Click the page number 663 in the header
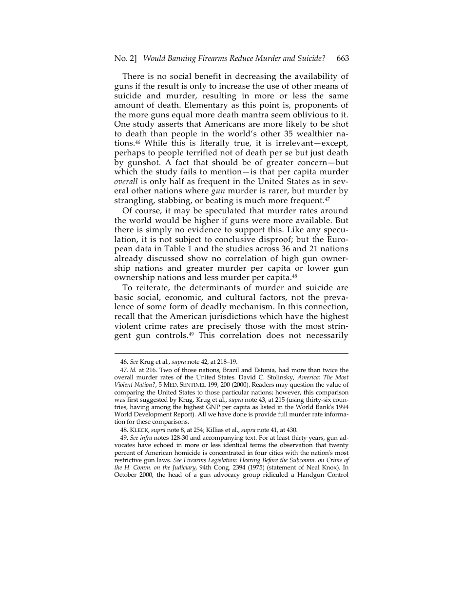point(343,58)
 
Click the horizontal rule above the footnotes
point(231,353)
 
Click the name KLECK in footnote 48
point(139,430)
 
